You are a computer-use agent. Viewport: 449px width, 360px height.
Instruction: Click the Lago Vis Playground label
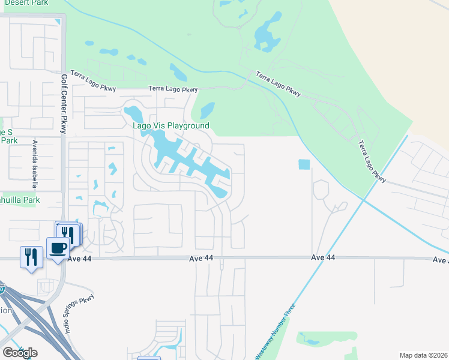click(170, 125)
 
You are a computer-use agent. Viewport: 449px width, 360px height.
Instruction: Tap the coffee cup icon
click(58, 248)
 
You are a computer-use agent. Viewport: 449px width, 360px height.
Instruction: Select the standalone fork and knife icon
click(31, 257)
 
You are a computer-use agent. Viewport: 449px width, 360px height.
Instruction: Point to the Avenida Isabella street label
click(35, 164)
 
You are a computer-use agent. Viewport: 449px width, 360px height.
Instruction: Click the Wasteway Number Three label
click(276, 333)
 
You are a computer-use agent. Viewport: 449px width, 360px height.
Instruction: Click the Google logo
click(20, 353)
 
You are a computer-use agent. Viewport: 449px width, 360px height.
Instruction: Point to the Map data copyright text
click(423, 355)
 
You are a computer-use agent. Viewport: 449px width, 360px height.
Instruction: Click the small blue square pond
click(304, 164)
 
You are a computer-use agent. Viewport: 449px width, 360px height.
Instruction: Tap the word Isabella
click(35, 173)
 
